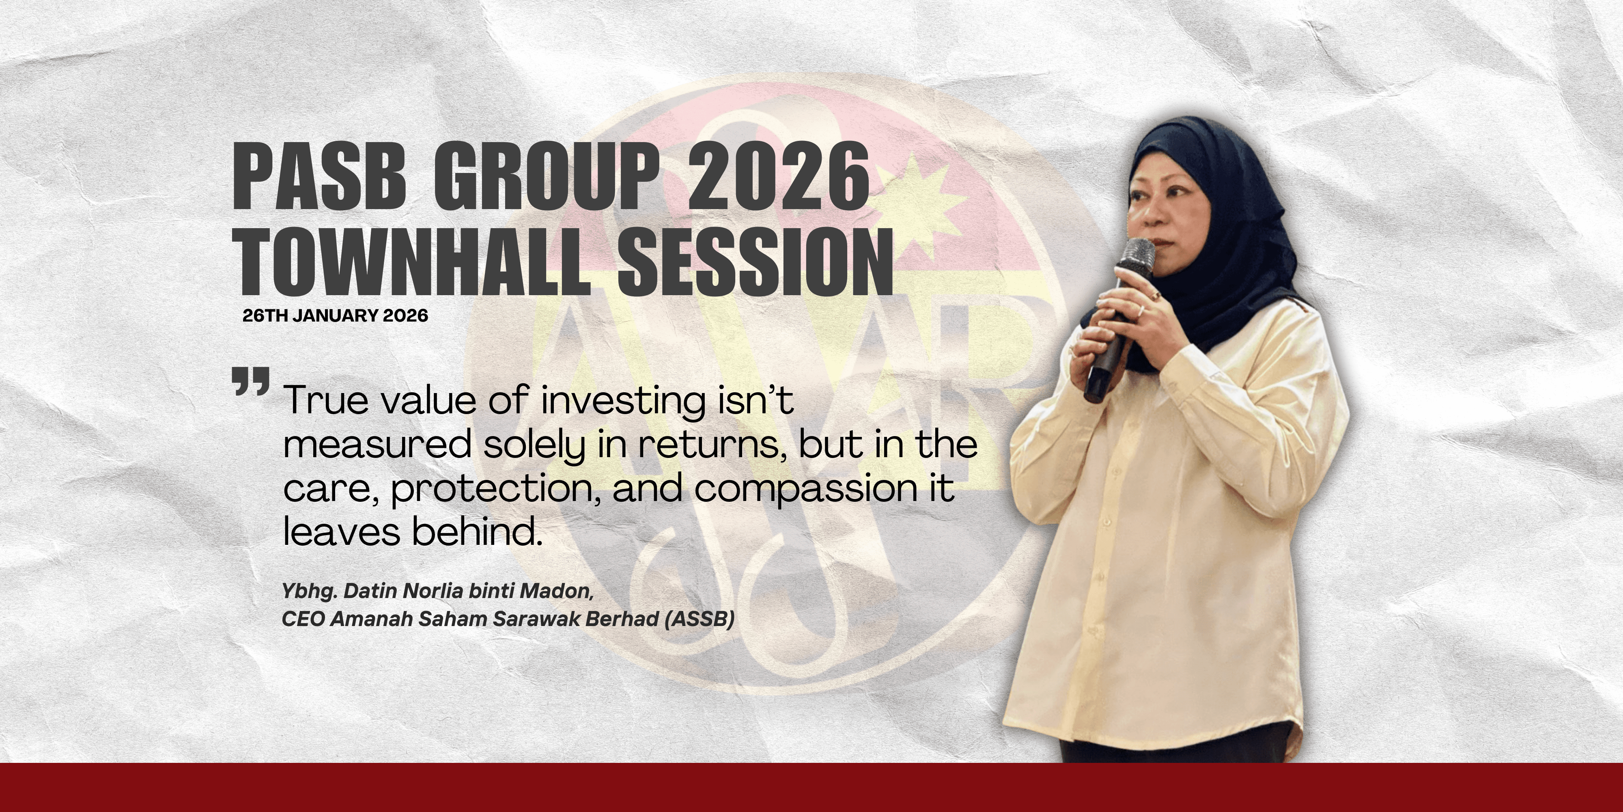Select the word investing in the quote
[x=624, y=402]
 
